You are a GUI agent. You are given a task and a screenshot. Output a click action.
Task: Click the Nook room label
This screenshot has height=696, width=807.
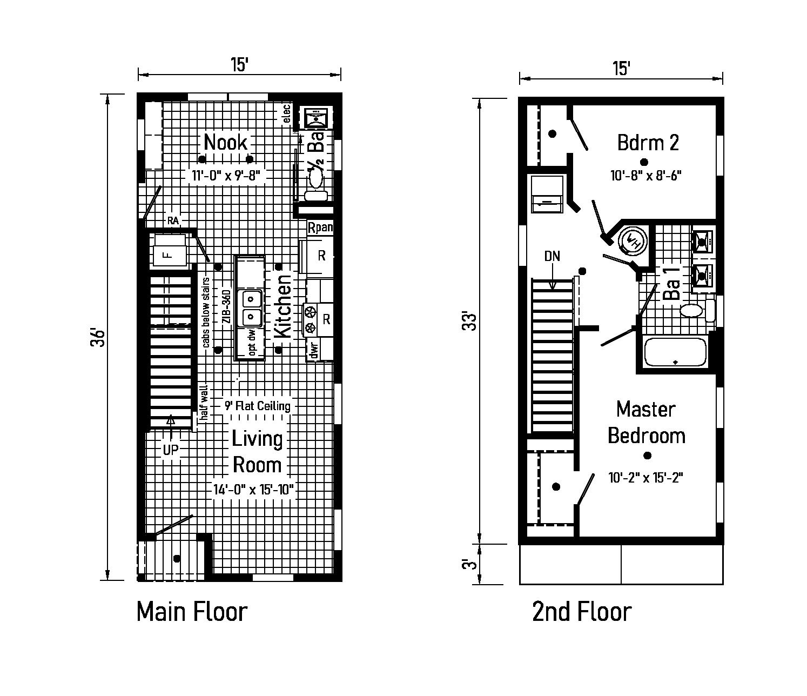(226, 143)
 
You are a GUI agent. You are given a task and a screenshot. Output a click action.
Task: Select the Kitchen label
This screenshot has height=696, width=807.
(284, 306)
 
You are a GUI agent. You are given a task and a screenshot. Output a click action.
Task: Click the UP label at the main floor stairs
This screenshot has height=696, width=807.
(171, 450)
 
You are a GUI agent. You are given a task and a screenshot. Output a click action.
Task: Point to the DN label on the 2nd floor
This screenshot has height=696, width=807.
(552, 256)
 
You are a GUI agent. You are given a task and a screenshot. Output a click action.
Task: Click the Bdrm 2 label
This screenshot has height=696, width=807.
(648, 143)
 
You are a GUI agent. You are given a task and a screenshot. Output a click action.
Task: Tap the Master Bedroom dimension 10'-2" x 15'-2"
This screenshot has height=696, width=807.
(645, 478)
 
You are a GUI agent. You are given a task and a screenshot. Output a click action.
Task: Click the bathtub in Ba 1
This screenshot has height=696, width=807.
(675, 353)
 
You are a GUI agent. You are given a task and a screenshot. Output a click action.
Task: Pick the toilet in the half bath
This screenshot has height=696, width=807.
(315, 177)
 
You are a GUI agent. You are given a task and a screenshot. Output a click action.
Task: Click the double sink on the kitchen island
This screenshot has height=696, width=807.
(251, 306)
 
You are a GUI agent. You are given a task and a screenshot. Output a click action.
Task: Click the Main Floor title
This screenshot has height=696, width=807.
(192, 612)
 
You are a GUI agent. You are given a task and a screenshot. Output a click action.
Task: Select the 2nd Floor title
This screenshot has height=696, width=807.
(581, 612)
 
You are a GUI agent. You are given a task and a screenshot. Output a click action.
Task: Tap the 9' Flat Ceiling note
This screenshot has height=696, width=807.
(258, 406)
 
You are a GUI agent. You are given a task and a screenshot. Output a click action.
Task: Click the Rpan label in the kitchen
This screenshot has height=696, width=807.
(320, 227)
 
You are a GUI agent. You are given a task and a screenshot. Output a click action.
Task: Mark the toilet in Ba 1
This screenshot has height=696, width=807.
(691, 310)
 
